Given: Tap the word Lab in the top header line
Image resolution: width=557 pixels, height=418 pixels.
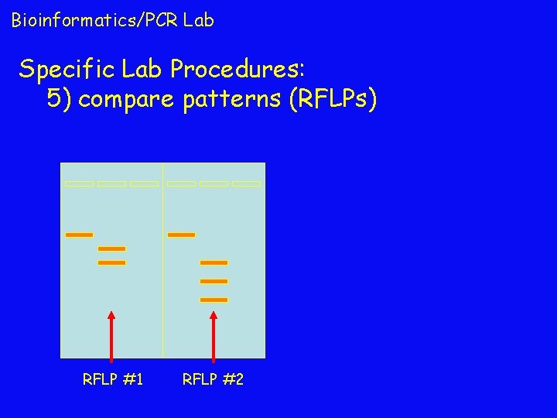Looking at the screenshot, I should [199, 20].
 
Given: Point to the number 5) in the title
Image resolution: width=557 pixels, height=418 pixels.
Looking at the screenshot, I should [60, 100].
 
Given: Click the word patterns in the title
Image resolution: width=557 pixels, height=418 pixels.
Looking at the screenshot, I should [231, 100].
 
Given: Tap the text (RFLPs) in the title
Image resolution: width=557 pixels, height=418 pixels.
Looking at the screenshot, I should [332, 100].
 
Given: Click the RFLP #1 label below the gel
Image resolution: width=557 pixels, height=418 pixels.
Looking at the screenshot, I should [113, 379].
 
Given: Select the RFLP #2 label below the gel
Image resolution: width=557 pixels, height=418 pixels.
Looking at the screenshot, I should [213, 379].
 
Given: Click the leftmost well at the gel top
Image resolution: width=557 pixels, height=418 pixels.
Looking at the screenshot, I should [79, 184].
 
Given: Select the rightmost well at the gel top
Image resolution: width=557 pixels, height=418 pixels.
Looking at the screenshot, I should [247, 184].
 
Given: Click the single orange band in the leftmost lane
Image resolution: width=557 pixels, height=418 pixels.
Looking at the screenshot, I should [79, 235].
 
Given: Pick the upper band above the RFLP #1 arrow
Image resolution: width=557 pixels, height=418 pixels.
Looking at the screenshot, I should [111, 248].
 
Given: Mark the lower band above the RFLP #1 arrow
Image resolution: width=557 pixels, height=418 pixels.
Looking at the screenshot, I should [111, 262].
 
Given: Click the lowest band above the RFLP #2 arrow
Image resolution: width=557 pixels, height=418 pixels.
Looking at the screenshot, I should [214, 300].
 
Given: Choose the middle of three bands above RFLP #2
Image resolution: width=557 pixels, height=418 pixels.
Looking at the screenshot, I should [214, 281].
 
